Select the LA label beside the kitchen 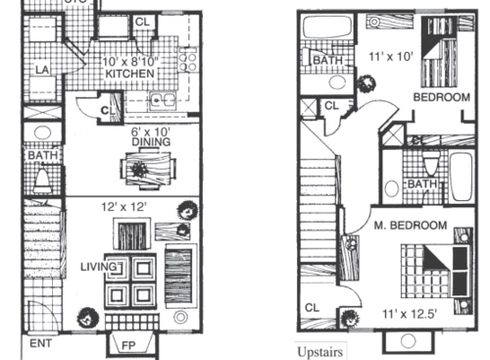43,70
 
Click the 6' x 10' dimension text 151,129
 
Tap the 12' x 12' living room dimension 130,208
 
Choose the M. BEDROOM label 413,226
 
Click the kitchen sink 162,98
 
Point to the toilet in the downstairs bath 42,180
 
